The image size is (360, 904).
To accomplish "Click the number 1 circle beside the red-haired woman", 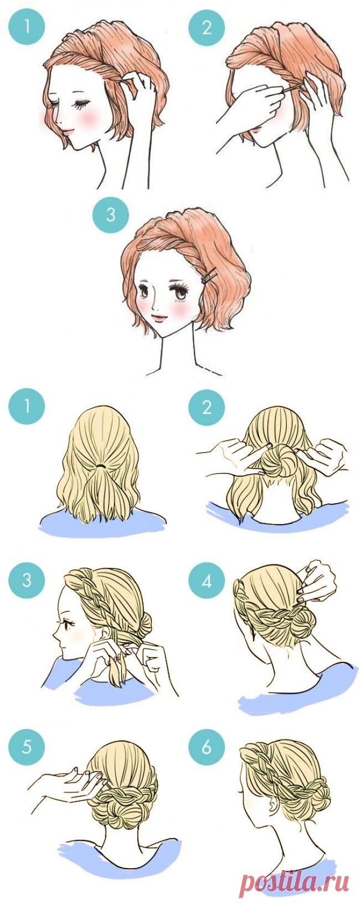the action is coord(27,27).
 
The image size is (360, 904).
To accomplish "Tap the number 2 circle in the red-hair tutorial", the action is coord(207,27).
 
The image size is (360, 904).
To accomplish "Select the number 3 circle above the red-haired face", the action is coord(111,215).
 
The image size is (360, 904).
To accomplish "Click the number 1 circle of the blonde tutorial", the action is coord(27,406).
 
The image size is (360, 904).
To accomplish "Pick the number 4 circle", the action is coord(207,581).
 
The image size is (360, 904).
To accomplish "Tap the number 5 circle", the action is coord(27,747).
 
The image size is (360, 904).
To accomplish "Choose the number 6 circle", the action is coord(207,747).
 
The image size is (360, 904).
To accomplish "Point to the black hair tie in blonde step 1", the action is coord(101,466).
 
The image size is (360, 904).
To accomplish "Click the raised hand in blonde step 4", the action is coord(317,580).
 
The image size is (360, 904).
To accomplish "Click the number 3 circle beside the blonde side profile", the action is coord(27,581).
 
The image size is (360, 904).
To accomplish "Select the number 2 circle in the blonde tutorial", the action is coord(207,406).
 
